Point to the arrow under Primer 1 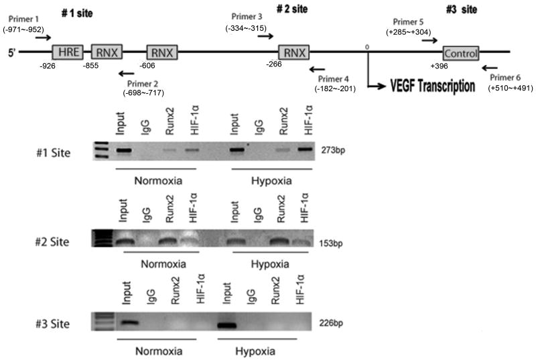click(x=42, y=38)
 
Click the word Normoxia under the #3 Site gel click(x=151, y=349)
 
